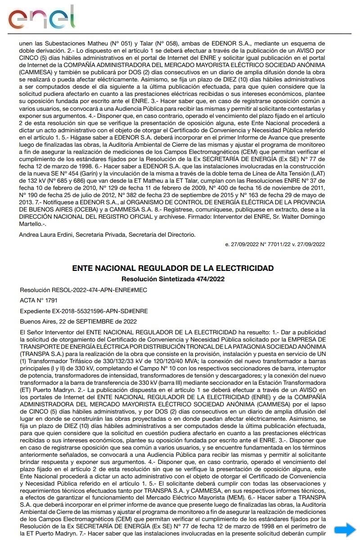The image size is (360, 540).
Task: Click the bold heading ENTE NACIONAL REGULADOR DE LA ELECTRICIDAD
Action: [173, 268]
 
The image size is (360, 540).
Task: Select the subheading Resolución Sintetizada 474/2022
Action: [173, 279]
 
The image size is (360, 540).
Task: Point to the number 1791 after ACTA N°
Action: [50, 300]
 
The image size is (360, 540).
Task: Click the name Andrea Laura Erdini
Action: [46, 234]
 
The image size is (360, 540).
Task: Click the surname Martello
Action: [31, 224]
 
